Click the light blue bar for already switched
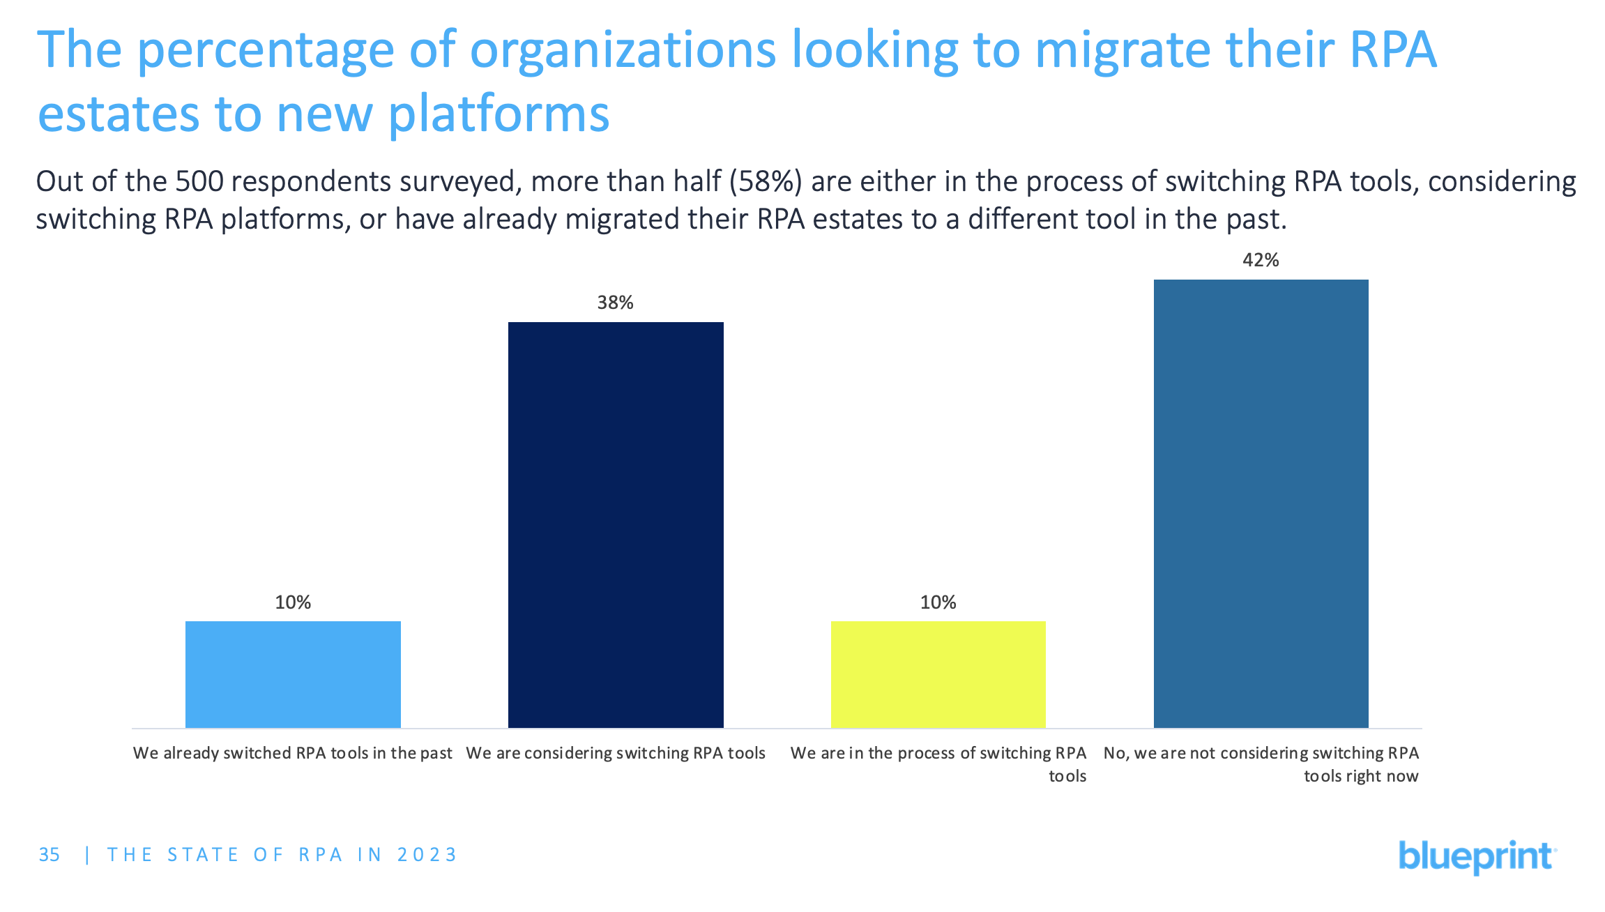coord(293,674)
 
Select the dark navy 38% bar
coord(616,524)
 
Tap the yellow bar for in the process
coord(938,674)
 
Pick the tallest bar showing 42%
coord(1261,503)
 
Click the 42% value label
coord(1261,260)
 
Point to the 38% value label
coord(615,303)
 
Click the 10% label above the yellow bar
coord(938,602)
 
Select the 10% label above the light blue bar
coord(293,602)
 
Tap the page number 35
coord(50,855)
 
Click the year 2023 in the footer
coord(427,855)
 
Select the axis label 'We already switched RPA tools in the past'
coord(293,753)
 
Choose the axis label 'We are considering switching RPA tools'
coord(616,753)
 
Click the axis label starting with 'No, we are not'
coord(1261,764)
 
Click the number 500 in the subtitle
coord(199,182)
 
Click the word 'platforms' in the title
coord(499,114)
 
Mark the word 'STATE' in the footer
coord(203,855)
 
